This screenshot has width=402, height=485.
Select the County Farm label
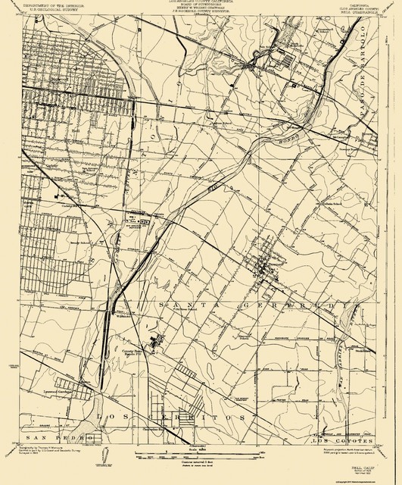[133, 352]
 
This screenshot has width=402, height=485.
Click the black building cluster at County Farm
[156, 343]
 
